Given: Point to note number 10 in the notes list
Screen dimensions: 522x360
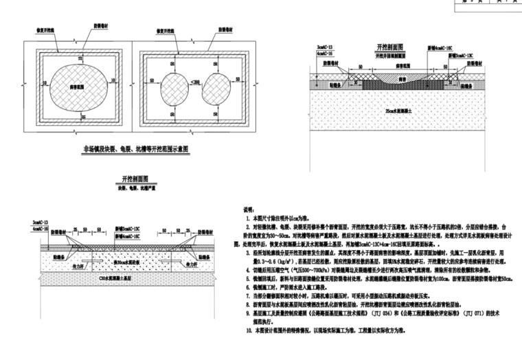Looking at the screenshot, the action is tap(250, 330).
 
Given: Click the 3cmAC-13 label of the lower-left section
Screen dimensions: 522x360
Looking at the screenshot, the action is tap(41, 223).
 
